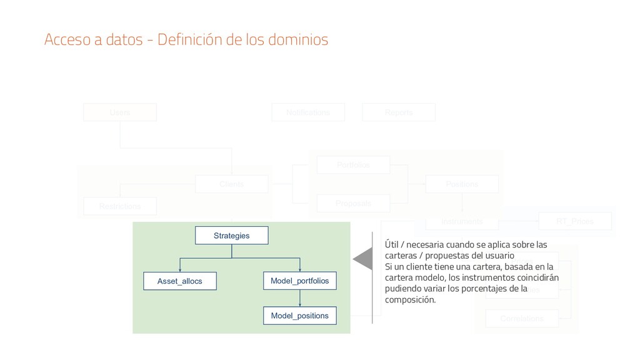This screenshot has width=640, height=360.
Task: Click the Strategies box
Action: tap(231, 236)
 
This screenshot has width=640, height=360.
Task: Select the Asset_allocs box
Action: tap(180, 282)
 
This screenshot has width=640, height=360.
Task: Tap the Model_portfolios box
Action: tap(300, 282)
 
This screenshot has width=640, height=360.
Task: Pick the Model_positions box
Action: tap(300, 316)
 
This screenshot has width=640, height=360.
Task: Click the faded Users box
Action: tap(120, 112)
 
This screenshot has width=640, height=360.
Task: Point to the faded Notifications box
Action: tap(307, 112)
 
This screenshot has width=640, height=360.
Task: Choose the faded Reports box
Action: tap(399, 112)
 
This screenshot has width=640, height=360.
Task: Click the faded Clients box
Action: tap(231, 184)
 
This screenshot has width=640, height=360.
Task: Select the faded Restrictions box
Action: tap(120, 206)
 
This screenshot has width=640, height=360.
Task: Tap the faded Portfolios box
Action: tap(353, 165)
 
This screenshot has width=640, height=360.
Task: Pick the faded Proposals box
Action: tap(353, 203)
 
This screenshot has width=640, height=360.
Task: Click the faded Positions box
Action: tap(462, 184)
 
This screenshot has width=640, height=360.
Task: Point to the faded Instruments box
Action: tap(462, 221)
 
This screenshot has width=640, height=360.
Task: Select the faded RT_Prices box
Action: tap(574, 221)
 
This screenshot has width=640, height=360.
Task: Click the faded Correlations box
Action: tap(522, 319)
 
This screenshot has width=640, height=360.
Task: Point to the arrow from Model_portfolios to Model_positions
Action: tap(300, 299)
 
